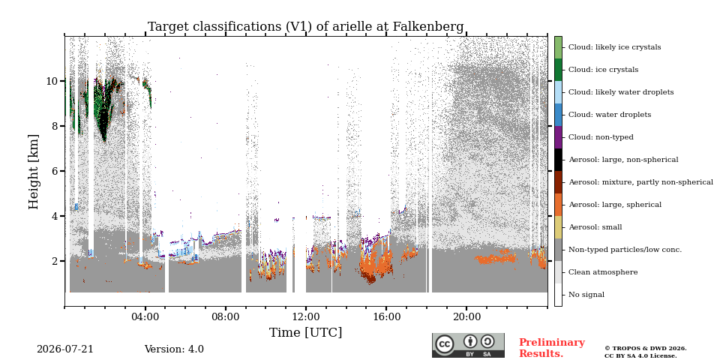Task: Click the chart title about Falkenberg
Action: coord(306,27)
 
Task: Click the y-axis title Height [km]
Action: coord(34,172)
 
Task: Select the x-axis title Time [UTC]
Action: coord(306,332)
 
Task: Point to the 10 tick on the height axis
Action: coord(52,81)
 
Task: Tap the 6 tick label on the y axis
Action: coord(55,171)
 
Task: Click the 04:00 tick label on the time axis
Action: coord(145,316)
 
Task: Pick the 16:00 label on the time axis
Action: coord(386,316)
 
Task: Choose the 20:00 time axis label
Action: coord(466,316)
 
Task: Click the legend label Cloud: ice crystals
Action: coord(603,70)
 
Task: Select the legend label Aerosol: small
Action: coord(595,227)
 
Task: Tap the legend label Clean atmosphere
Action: coord(603,272)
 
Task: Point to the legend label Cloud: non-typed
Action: coord(601,137)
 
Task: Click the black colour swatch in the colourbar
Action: coord(558,160)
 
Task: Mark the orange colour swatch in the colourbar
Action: coord(558,205)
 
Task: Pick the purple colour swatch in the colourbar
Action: coord(558,137)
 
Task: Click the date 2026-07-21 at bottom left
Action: coord(64,349)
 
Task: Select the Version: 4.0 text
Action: coord(174,349)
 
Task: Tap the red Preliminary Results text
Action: coord(552,348)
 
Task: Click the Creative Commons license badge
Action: coord(468,345)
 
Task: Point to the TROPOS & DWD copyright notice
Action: coord(645,352)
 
